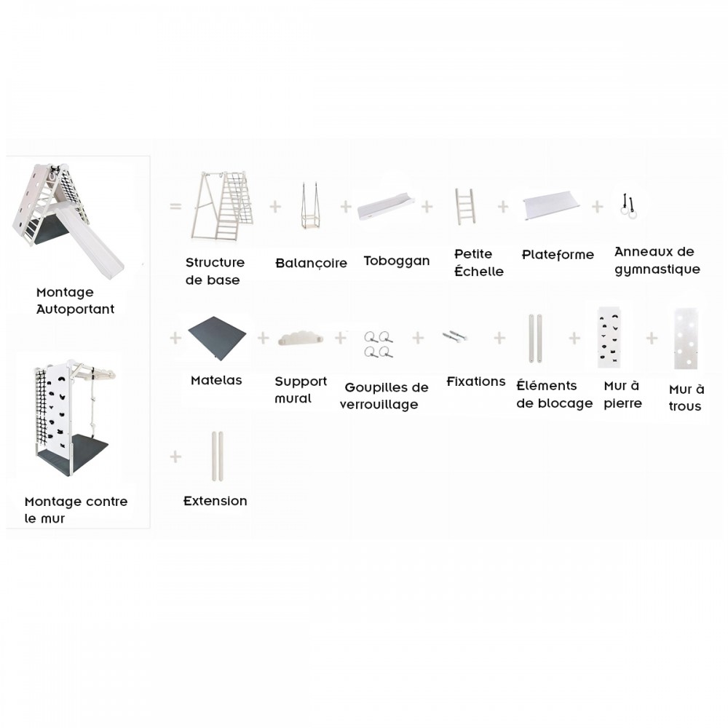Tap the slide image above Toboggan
tap(386, 207)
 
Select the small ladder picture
tap(464, 207)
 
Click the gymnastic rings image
tap(629, 207)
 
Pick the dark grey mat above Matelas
tap(217, 338)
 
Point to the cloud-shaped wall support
tap(301, 339)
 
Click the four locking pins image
tap(379, 344)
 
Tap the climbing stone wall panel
tap(609, 338)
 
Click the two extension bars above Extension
tap(217, 456)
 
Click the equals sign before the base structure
tap(175, 206)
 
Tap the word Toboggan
tap(397, 261)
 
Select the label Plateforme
tap(558, 254)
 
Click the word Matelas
tap(216, 380)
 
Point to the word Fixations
tap(476, 381)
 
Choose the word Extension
tap(215, 501)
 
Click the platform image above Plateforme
tap(552, 205)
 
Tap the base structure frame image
tap(222, 206)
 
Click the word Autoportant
tap(75, 309)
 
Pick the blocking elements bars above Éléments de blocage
tap(535, 338)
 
